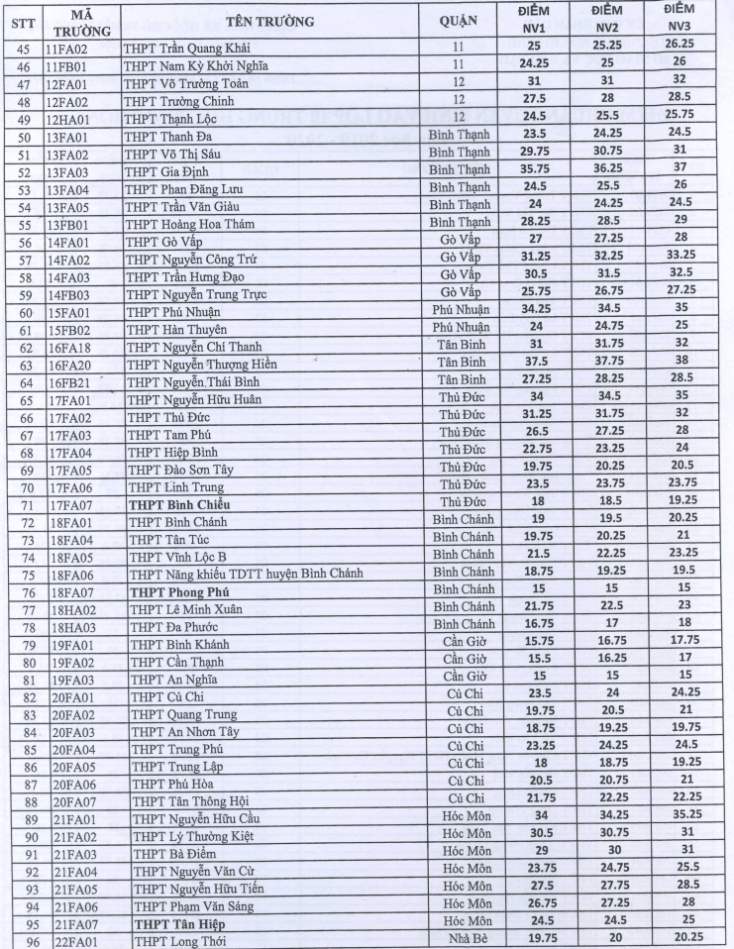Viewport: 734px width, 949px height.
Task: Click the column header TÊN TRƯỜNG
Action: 269,20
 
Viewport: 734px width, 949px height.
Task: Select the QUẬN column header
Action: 464,20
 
